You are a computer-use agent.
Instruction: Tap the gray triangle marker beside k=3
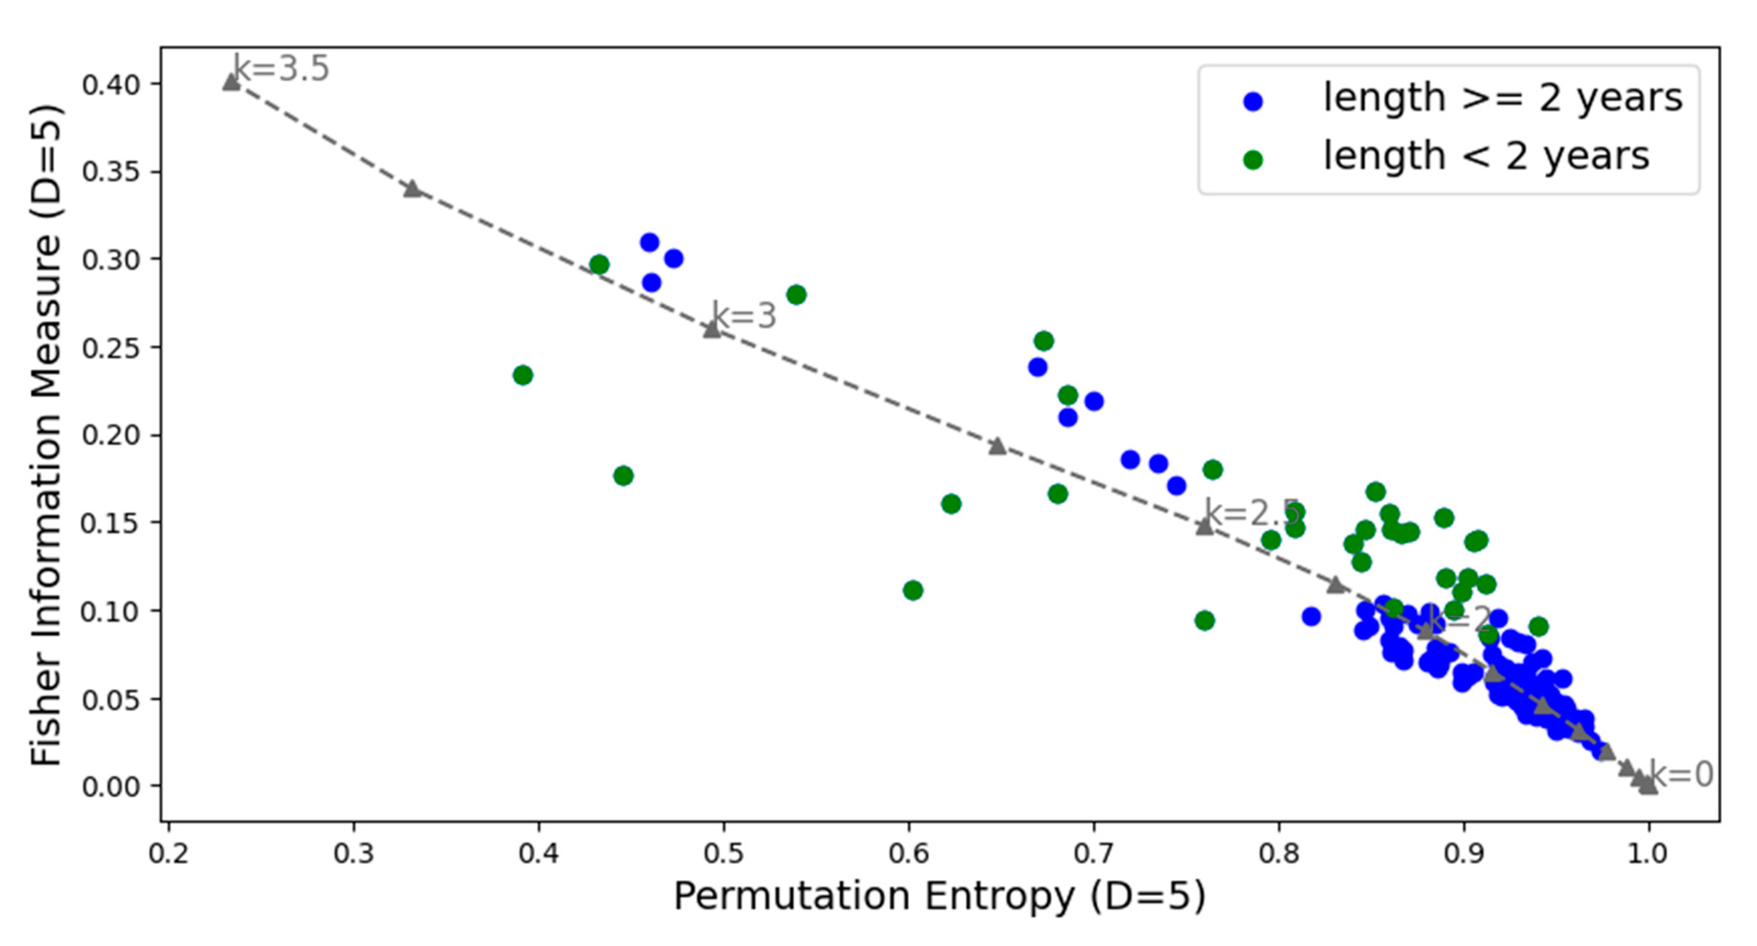712,329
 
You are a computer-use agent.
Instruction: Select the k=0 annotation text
1681,775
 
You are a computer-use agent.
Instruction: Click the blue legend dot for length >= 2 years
1253,102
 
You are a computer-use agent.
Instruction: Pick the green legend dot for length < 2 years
1253,160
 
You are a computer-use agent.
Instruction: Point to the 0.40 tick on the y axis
111,84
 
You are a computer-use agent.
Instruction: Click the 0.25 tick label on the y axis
111,348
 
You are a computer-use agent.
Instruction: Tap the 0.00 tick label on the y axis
111,786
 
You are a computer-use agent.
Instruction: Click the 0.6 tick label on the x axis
909,853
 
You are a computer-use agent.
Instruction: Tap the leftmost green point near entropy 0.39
523,375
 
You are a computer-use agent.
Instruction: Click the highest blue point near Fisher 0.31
649,242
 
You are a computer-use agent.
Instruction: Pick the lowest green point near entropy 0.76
1205,621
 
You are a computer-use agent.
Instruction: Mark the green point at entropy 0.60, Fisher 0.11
912,590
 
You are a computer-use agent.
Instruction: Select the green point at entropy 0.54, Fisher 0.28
796,295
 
